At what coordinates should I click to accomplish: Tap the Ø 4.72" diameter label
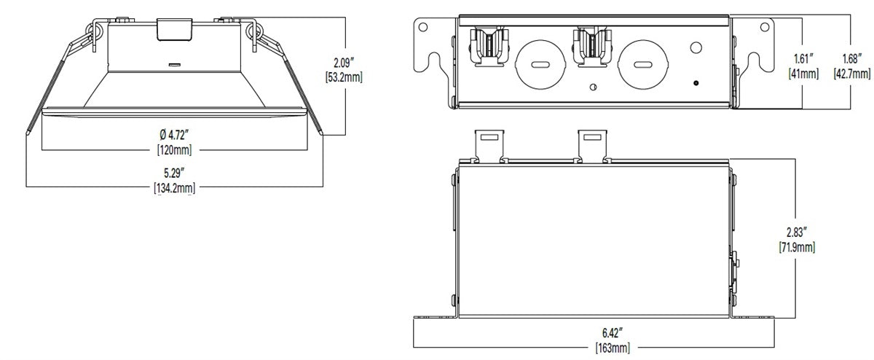(x=174, y=136)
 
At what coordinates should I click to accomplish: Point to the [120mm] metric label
(x=174, y=149)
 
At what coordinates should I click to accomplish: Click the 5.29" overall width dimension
(x=174, y=173)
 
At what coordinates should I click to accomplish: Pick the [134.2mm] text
(x=174, y=188)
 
